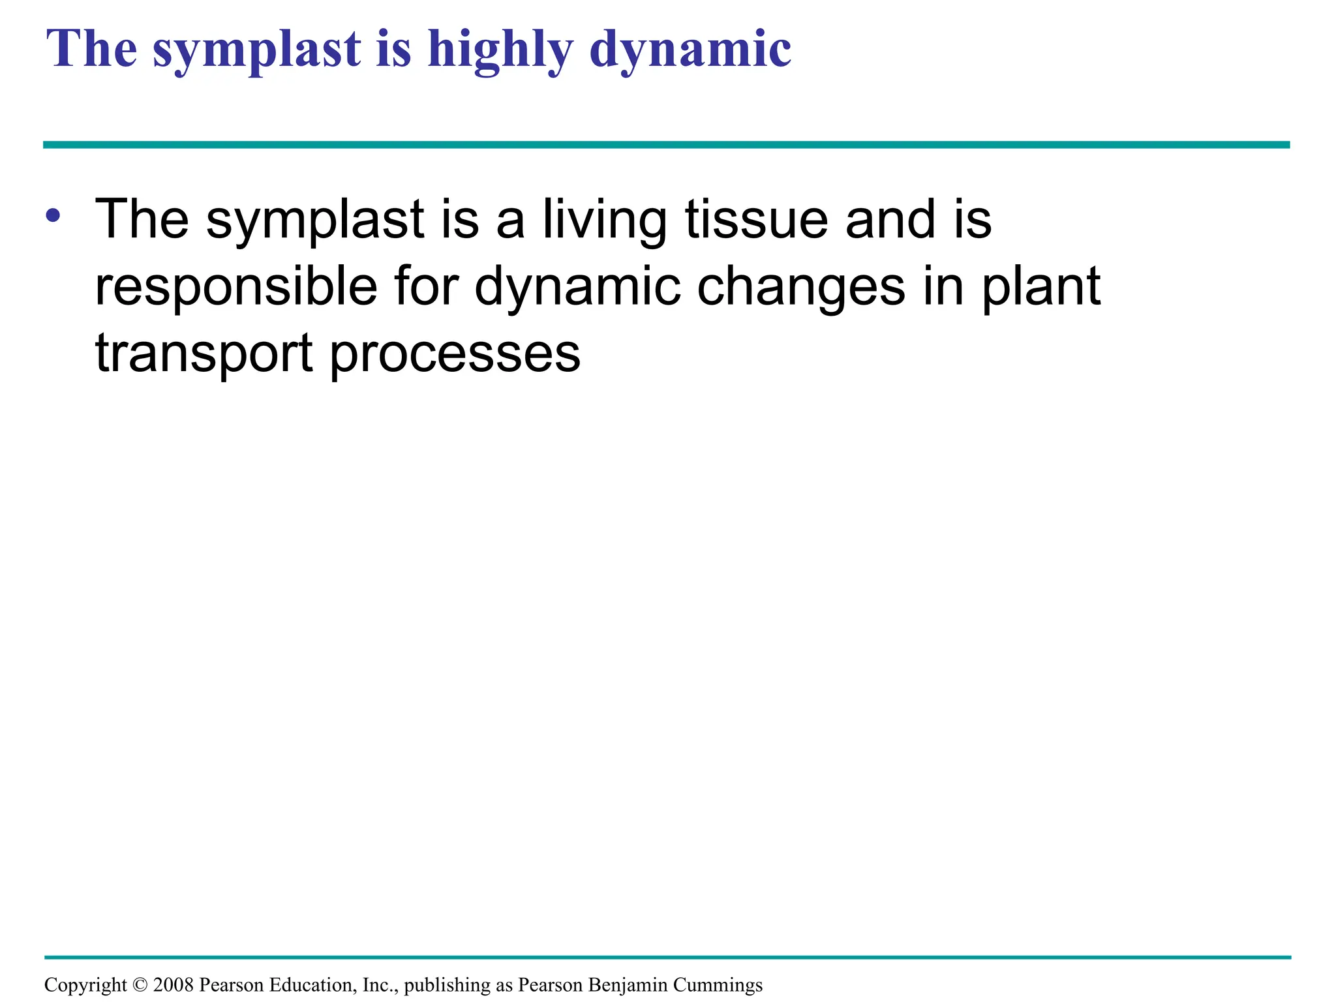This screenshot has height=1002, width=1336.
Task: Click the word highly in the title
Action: click(x=500, y=50)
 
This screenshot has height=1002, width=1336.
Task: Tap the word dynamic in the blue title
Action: click(x=690, y=50)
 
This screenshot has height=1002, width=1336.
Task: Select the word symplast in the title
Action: click(x=256, y=50)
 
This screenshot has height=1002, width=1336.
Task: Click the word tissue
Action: click(x=757, y=219)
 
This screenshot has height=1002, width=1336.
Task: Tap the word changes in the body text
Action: click(x=801, y=288)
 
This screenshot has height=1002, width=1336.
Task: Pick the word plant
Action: click(x=1041, y=286)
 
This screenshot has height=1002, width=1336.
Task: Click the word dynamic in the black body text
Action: click(x=578, y=288)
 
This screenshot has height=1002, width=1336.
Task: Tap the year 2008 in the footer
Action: click(x=173, y=984)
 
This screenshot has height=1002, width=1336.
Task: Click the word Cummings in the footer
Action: click(x=718, y=985)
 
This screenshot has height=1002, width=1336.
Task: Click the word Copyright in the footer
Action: click(x=85, y=985)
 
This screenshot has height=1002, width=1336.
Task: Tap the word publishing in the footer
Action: click(x=448, y=985)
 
